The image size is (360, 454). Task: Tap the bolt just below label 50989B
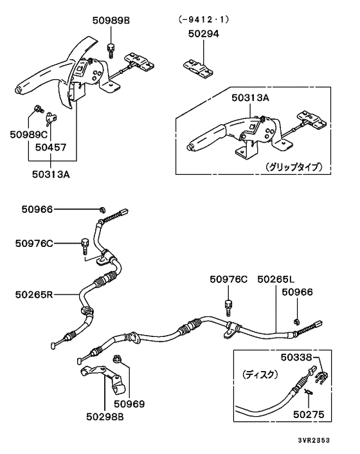tap(112, 47)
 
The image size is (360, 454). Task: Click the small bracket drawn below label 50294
tap(200, 68)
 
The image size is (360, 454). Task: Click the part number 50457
tap(50, 147)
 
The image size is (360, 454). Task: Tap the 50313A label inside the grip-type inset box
tap(251, 98)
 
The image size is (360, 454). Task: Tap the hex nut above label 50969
tap(118, 358)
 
